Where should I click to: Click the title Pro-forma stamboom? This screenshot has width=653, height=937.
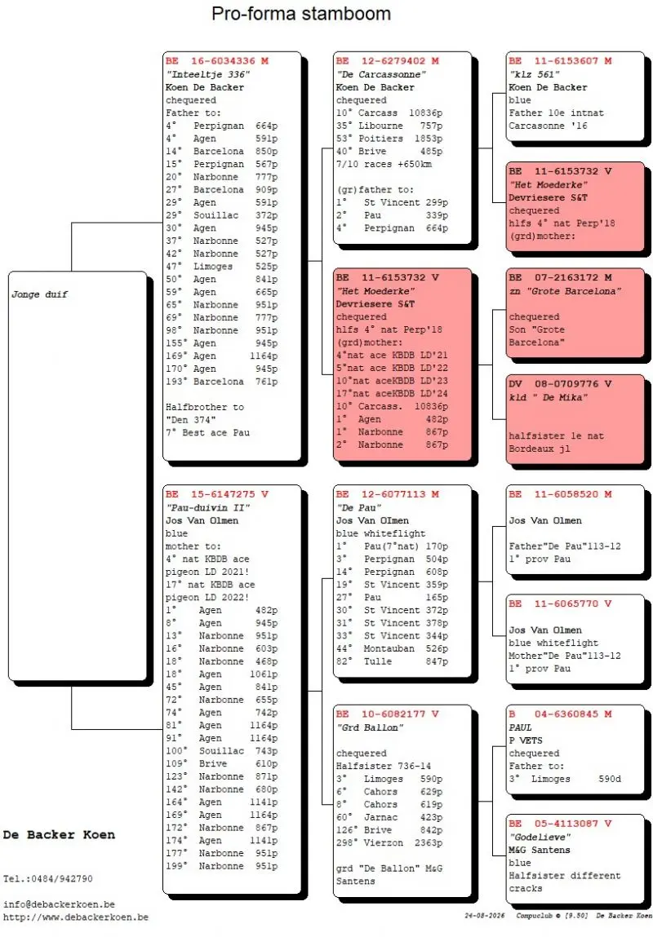pyautogui.click(x=301, y=13)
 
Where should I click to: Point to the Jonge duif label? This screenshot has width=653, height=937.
pyautogui.click(x=39, y=294)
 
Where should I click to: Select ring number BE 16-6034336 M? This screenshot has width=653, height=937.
pyautogui.click(x=217, y=61)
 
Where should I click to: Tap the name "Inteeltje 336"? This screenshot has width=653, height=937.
pyautogui.click(x=207, y=74)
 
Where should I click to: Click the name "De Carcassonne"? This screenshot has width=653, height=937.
pyautogui.click(x=381, y=74)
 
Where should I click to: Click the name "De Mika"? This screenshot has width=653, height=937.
pyautogui.click(x=558, y=397)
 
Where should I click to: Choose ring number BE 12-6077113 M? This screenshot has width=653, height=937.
pyautogui.click(x=388, y=494)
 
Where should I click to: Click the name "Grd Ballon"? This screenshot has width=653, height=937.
pyautogui.click(x=370, y=727)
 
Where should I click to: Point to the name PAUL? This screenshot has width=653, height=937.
pyautogui.click(x=520, y=727)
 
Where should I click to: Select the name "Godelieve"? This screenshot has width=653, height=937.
pyautogui.click(x=540, y=837)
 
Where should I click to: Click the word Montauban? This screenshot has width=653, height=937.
pyautogui.click(x=389, y=648)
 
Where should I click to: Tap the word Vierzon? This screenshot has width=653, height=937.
pyautogui.click(x=384, y=842)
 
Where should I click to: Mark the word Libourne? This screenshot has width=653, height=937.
pyautogui.click(x=381, y=126)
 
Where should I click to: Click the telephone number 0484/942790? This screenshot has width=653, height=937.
pyautogui.click(x=59, y=878)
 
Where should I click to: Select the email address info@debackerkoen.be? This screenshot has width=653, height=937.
pyautogui.click(x=59, y=904)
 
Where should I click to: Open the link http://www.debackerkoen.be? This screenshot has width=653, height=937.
pyautogui.click(x=75, y=917)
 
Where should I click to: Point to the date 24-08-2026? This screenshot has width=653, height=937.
pyautogui.click(x=484, y=916)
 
